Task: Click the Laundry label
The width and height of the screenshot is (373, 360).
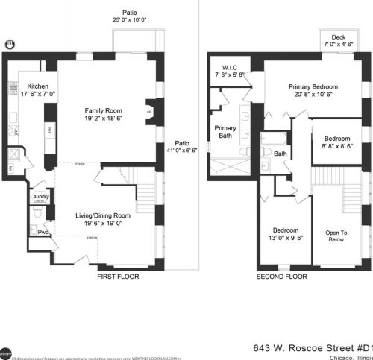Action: point(40,198)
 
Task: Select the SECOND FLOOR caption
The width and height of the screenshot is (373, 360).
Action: point(282,277)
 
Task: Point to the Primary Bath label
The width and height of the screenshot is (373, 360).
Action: point(225,132)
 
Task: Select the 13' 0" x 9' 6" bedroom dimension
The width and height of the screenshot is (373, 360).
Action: point(285,239)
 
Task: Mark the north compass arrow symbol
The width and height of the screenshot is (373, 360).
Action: point(10,45)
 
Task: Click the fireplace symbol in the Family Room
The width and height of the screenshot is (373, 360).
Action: point(148,112)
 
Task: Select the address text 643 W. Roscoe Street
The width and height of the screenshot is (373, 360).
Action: point(298,347)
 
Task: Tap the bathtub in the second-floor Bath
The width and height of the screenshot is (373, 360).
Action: point(271,138)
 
